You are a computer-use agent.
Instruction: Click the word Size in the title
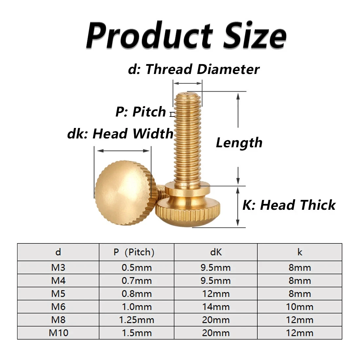pyautogui.click(x=255, y=35)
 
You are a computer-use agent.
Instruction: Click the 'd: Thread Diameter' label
pyautogui.click(x=194, y=69)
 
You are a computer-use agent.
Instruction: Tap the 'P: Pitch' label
pyautogui.click(x=141, y=112)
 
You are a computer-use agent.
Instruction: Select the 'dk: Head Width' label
pyautogui.click(x=120, y=134)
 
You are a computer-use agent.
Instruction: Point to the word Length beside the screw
pyautogui.click(x=239, y=143)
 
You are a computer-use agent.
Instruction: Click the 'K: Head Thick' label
pyautogui.click(x=289, y=205)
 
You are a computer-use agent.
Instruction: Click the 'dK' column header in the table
pyautogui.click(x=216, y=252)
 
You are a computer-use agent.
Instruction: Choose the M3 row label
pyautogui.click(x=58, y=268)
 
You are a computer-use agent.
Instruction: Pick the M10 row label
pyautogui.click(x=58, y=333)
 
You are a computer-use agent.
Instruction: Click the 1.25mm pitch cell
pyautogui.click(x=136, y=320)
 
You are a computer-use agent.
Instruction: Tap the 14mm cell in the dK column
pyautogui.click(x=216, y=307)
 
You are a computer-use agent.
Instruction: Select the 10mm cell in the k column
pyautogui.click(x=299, y=307)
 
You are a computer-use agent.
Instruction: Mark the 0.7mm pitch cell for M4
pyautogui.click(x=136, y=281)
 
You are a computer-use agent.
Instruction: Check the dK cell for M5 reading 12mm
pyautogui.click(x=216, y=294)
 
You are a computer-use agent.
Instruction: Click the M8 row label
pyautogui.click(x=58, y=320)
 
